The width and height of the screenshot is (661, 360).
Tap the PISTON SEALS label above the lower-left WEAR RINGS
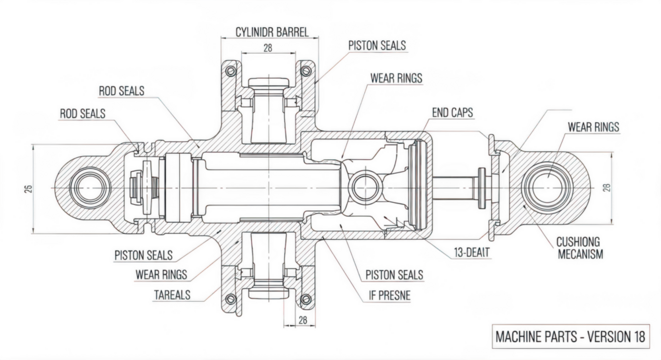[146, 253]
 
